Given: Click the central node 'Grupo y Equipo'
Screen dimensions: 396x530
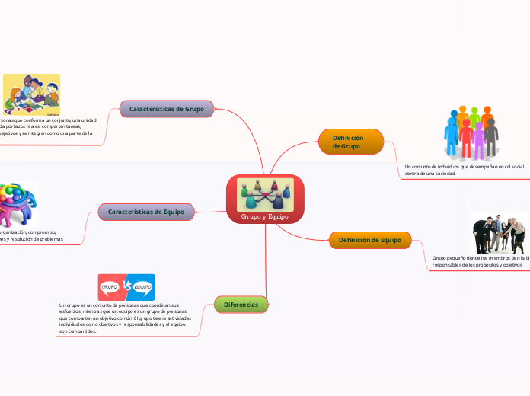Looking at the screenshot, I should [x=265, y=216].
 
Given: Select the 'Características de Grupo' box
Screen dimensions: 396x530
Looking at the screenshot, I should [x=167, y=109].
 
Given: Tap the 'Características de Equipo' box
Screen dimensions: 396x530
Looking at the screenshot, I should [x=145, y=211].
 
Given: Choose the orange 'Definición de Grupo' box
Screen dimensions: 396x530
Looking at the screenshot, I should [x=350, y=142].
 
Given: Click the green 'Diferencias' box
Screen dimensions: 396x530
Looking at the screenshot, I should [x=241, y=305].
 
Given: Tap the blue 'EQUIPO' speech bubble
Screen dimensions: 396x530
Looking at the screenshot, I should [x=143, y=286].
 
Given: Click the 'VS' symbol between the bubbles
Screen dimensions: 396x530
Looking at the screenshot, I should [x=126, y=286].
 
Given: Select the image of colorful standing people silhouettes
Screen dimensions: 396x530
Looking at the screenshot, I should [x=471, y=132].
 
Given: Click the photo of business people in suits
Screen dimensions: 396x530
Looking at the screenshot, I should [x=500, y=232].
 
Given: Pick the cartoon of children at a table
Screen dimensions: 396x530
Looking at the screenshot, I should [x=31, y=94].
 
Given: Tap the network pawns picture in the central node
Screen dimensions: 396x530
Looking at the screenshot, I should [x=265, y=194].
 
